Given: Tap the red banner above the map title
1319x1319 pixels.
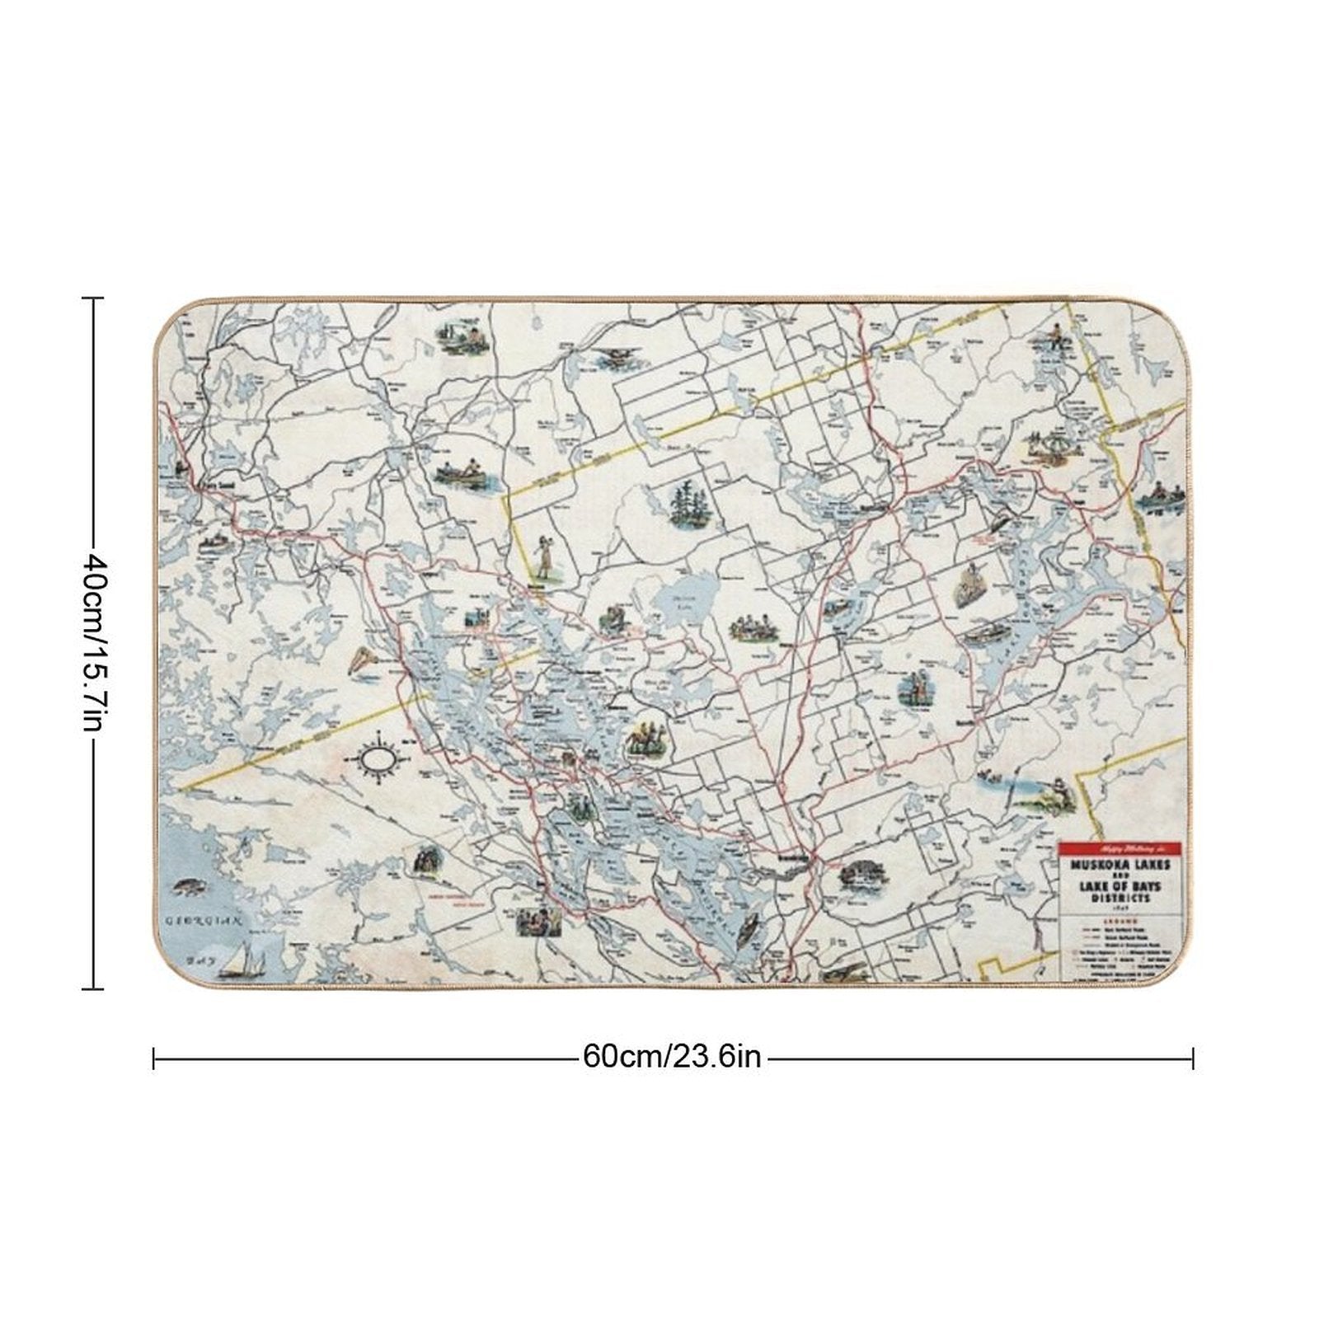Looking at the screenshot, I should click(x=1121, y=848).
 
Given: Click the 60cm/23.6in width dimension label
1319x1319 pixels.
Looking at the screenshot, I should click(x=672, y=1056).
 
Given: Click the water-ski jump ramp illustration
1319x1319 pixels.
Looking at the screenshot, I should click(x=361, y=660).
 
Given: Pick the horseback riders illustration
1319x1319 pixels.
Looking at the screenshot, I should click(x=645, y=738).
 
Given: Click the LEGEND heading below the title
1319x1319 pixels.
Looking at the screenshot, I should click(x=1121, y=917).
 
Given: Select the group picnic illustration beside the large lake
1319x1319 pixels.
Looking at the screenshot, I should click(x=753, y=628).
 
